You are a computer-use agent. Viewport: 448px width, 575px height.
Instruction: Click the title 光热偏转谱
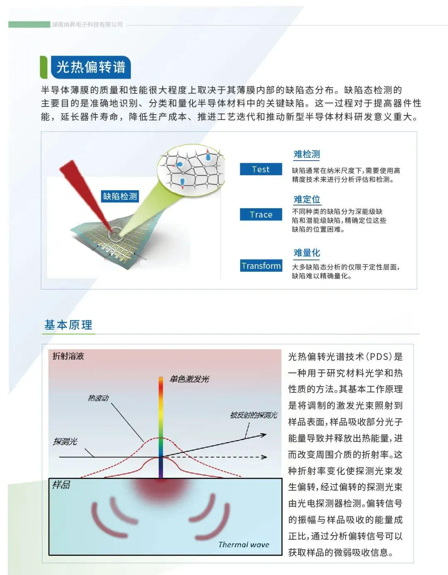pos(90,67)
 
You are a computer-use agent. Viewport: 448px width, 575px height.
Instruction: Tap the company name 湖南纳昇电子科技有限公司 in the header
pos(88,24)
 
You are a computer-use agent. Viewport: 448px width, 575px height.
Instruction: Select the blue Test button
pos(261,169)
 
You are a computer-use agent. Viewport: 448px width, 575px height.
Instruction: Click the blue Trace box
pos(261,214)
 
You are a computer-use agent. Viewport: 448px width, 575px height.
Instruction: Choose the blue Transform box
pos(261,266)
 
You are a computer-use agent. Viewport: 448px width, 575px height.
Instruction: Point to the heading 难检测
pos(307,154)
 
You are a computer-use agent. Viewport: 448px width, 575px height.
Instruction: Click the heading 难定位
pos(307,199)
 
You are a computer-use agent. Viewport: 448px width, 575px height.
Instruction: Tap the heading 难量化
pos(307,253)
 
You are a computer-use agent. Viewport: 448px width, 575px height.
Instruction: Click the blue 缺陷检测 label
pos(120,196)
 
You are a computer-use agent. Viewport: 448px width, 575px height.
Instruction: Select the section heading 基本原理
pos(68,325)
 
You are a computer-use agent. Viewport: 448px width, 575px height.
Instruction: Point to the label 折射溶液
pos(68,356)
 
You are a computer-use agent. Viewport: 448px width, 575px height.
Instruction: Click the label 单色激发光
pos(189,379)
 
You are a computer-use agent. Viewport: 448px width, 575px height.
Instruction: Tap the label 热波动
pos(98,398)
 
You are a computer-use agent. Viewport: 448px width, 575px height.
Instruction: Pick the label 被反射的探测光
pos(253,415)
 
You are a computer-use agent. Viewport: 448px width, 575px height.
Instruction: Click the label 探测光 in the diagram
pos(65,441)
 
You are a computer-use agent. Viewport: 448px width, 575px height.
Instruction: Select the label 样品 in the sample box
pos(61,485)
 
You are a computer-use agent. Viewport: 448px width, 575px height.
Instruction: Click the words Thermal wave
pos(243,544)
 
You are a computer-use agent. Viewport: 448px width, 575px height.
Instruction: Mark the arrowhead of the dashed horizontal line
pos(264,457)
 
